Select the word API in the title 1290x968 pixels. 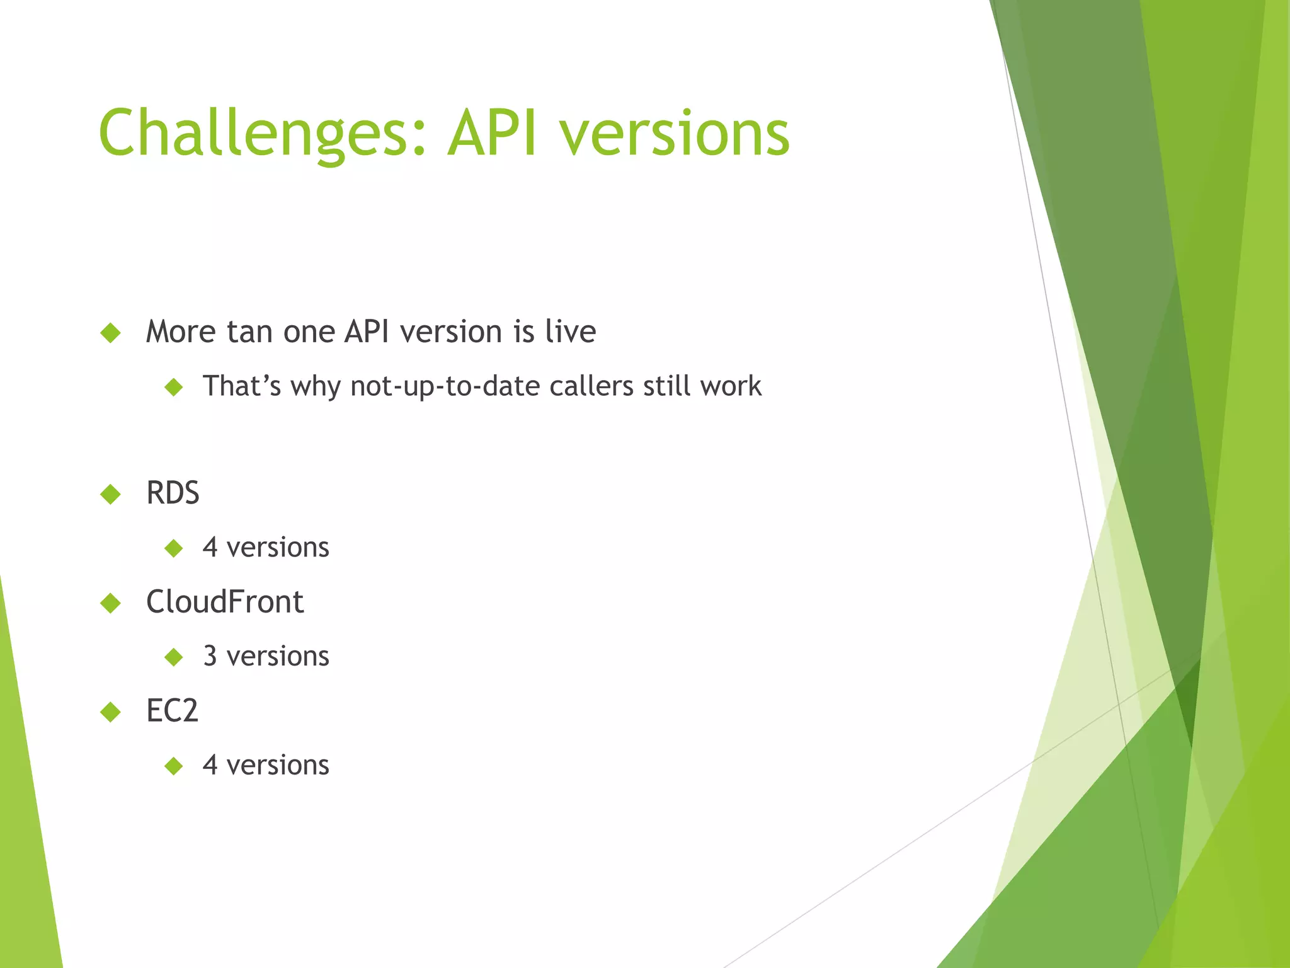click(493, 134)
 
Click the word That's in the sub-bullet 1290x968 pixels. click(241, 386)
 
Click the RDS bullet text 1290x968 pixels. click(173, 493)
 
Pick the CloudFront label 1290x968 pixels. click(225, 602)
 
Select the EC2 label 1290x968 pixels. click(172, 711)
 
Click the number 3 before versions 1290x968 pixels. click(210, 656)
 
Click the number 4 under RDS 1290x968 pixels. click(210, 547)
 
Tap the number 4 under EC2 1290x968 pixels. click(210, 765)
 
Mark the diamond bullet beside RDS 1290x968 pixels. click(110, 494)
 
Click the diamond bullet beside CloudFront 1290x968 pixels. click(110, 603)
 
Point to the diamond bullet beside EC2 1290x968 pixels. click(110, 712)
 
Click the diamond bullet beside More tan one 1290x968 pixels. click(110, 333)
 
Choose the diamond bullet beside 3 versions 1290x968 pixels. click(173, 657)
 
